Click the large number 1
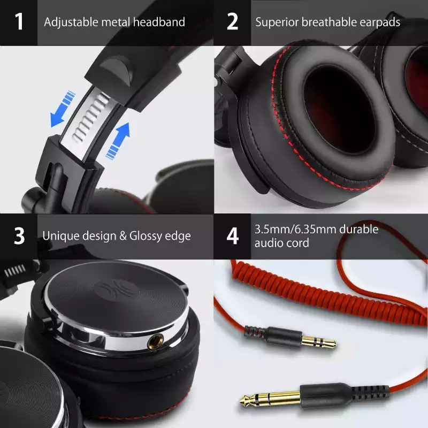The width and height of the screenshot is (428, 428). (19, 22)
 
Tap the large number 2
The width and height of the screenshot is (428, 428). (232, 22)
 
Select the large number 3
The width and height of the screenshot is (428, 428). (19, 236)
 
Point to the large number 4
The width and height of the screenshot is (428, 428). (232, 236)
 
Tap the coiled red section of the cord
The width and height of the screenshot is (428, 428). (300, 289)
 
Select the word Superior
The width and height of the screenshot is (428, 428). (276, 22)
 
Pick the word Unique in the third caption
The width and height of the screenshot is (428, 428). (59, 236)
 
